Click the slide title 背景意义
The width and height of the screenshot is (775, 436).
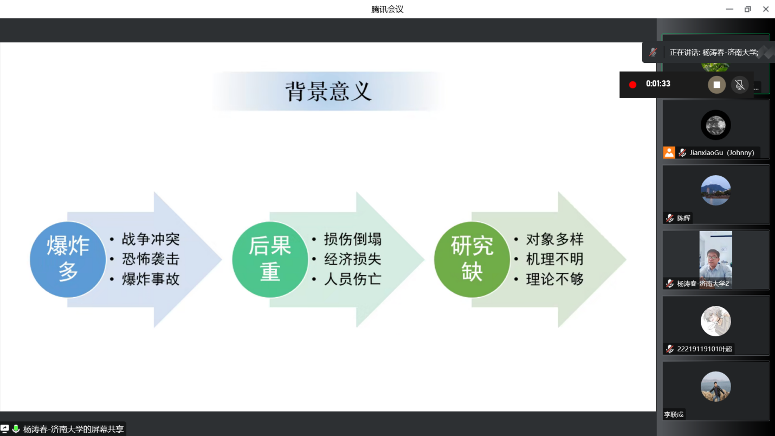(x=328, y=92)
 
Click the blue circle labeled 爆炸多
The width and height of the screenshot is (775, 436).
(x=68, y=259)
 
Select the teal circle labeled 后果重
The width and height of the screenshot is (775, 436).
(x=270, y=259)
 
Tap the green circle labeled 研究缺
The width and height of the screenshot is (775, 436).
(x=472, y=259)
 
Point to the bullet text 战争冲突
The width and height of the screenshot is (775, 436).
(x=151, y=239)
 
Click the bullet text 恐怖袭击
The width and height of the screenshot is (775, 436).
(x=151, y=259)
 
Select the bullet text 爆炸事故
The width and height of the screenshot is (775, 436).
(x=151, y=279)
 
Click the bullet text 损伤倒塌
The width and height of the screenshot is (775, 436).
(x=353, y=239)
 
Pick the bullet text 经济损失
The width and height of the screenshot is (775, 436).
(x=353, y=259)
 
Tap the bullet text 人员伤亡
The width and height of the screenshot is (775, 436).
(x=353, y=279)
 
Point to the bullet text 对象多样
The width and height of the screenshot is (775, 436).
(x=554, y=239)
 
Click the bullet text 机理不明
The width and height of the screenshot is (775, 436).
(x=554, y=259)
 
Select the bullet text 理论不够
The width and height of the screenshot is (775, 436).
(x=554, y=279)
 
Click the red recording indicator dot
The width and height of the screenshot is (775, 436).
(x=632, y=85)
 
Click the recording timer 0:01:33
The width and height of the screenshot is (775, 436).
(x=658, y=84)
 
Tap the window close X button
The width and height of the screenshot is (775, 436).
(x=766, y=9)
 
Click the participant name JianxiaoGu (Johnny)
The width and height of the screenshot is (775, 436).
(x=722, y=153)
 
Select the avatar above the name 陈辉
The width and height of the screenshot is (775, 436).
(x=715, y=190)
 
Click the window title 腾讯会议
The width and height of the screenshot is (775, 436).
(x=387, y=9)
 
